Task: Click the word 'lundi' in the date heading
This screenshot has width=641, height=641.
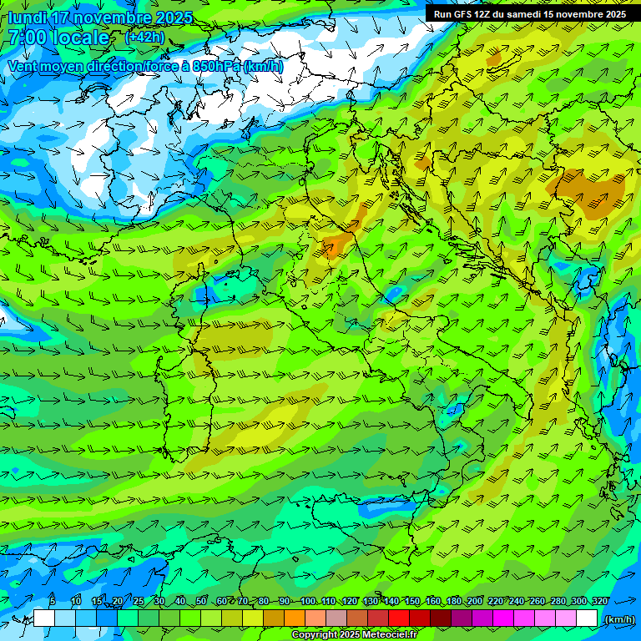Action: tap(27, 18)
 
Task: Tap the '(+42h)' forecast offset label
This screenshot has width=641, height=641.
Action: tap(144, 37)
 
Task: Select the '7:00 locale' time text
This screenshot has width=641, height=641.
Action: tap(58, 38)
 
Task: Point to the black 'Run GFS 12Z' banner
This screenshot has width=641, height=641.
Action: tap(531, 13)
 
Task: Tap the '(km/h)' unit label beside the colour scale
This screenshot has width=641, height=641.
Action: tap(618, 618)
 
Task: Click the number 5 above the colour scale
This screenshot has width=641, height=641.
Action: tap(53, 601)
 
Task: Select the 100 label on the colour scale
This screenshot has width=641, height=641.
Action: tap(308, 601)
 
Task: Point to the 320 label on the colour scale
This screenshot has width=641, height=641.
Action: tap(599, 601)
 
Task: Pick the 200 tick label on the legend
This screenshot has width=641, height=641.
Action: tap(475, 601)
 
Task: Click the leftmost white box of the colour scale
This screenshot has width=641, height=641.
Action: tap(44, 618)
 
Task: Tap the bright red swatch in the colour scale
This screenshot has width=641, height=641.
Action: tap(399, 618)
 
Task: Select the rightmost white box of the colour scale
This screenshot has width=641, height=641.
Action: tap(587, 618)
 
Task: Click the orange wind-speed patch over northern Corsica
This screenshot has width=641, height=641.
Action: tap(336, 244)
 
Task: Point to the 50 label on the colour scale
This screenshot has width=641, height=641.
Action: tap(201, 601)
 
